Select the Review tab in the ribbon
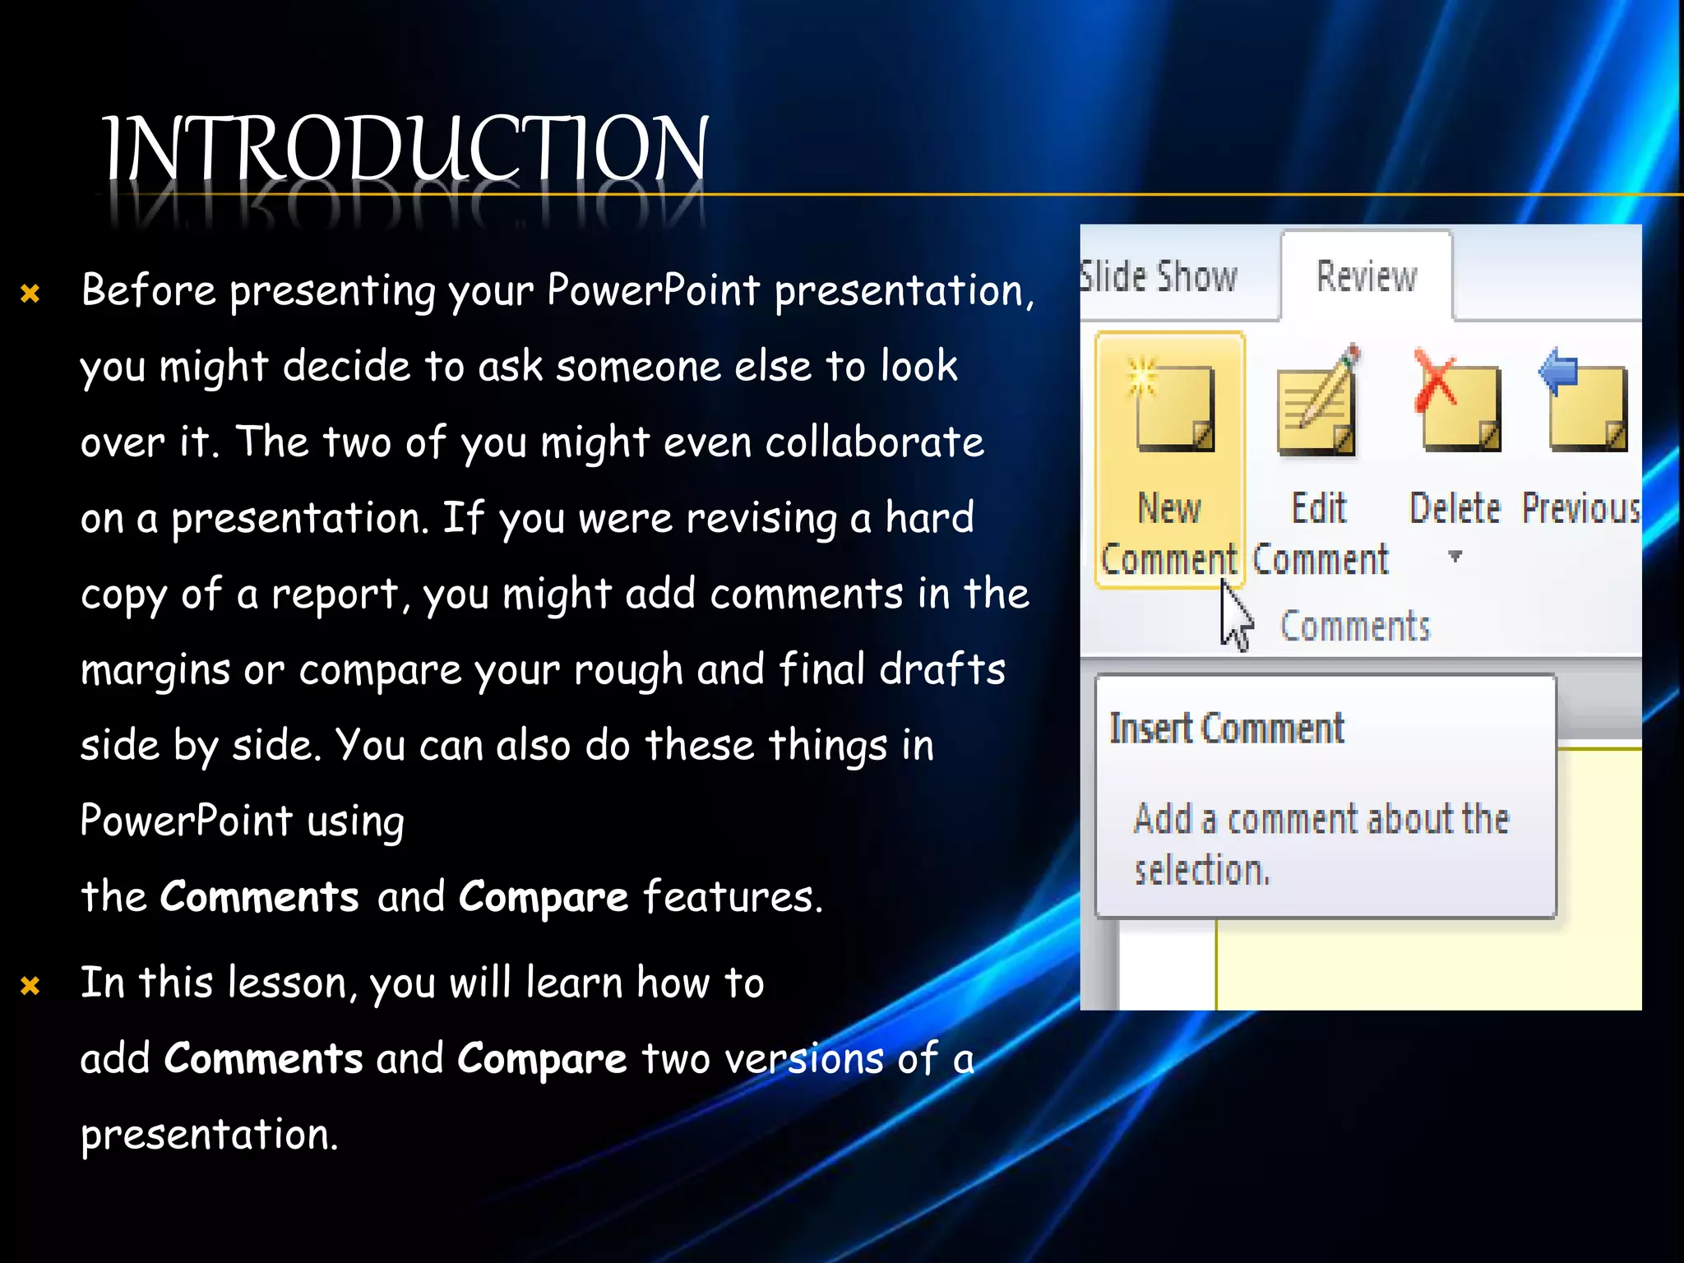1367,277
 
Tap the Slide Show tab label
1159,277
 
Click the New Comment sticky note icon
1173,407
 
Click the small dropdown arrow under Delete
1455,557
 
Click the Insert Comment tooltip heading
1227,729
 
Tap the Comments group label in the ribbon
1355,627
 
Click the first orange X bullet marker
30,294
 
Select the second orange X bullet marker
30,985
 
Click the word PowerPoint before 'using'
187,821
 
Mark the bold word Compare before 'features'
543,896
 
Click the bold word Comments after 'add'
263,1058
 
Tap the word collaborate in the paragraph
875,442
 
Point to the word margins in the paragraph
155,670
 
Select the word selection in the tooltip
1202,870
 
